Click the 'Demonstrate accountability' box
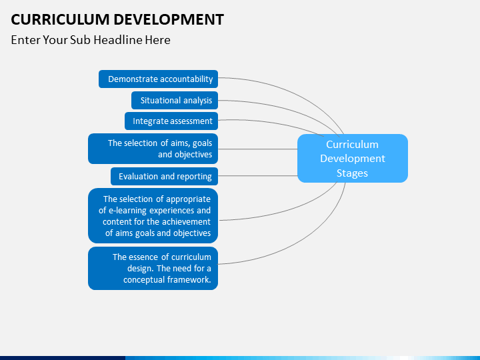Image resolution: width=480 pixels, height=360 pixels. tap(158, 79)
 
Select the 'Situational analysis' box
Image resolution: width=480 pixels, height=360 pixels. tap(175, 100)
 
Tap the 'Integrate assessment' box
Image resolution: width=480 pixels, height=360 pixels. tap(171, 121)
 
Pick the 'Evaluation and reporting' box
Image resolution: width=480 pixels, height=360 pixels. tap(165, 176)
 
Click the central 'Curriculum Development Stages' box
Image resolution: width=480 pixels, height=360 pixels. tap(353, 158)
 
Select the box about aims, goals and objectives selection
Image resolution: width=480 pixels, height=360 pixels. tap(153, 149)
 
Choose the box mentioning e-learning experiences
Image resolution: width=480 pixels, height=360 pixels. tap(153, 215)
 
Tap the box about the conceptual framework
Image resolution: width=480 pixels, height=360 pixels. tap(153, 268)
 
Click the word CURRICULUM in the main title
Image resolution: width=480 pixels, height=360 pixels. tap(60, 19)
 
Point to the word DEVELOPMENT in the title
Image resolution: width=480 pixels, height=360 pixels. tap(169, 19)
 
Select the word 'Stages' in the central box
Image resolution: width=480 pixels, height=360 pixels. tap(352, 173)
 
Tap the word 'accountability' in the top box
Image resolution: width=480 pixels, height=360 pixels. tap(187, 79)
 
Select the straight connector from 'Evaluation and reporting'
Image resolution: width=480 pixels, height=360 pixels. tap(258, 176)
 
